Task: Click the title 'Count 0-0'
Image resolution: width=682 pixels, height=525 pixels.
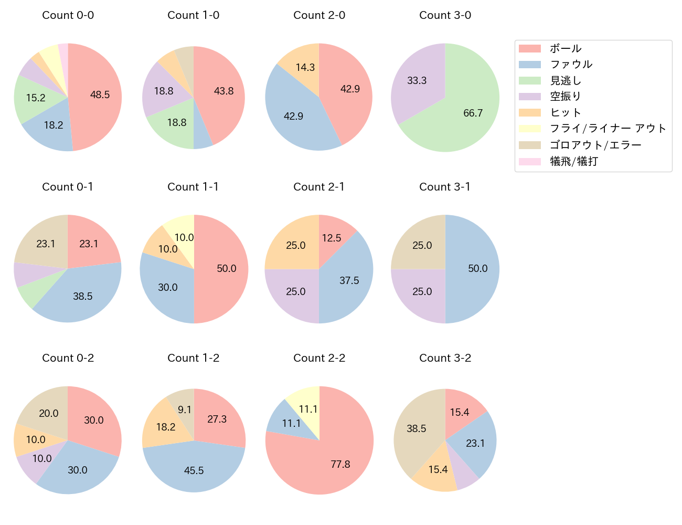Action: pyautogui.click(x=68, y=15)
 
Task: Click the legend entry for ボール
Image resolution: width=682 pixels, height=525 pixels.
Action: pyautogui.click(x=565, y=48)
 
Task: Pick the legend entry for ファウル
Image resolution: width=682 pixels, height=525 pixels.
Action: pyautogui.click(x=571, y=65)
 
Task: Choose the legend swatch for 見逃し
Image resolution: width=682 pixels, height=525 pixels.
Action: pyautogui.click(x=530, y=81)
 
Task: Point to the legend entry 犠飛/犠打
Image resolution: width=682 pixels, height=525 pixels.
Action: pyautogui.click(x=573, y=161)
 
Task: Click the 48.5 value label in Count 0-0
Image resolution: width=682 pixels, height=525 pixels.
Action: pyautogui.click(x=100, y=95)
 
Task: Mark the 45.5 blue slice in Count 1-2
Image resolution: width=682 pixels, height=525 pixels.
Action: pyautogui.click(x=194, y=467)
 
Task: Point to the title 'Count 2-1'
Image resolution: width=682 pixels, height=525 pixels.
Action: pyautogui.click(x=319, y=187)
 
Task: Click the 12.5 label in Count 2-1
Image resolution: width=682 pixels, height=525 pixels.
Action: pyautogui.click(x=332, y=238)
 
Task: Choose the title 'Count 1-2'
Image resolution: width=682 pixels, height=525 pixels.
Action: pyautogui.click(x=193, y=358)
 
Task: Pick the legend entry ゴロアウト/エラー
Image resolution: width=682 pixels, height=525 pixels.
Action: pyautogui.click(x=595, y=145)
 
